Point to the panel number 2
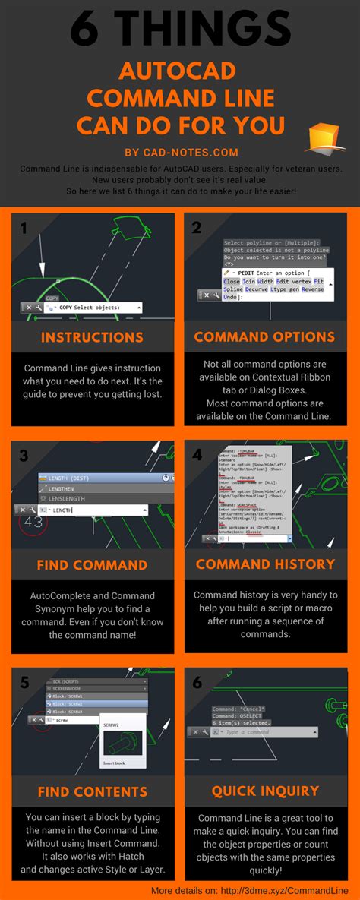click(197, 228)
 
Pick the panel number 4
click(197, 456)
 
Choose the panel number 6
click(197, 682)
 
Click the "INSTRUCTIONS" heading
click(92, 336)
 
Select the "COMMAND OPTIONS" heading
click(264, 336)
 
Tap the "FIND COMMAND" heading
click(92, 564)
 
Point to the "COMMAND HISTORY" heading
click(265, 564)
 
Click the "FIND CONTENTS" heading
click(92, 791)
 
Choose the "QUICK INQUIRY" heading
click(265, 791)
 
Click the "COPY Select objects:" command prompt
click(90, 308)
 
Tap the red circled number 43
click(33, 523)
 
